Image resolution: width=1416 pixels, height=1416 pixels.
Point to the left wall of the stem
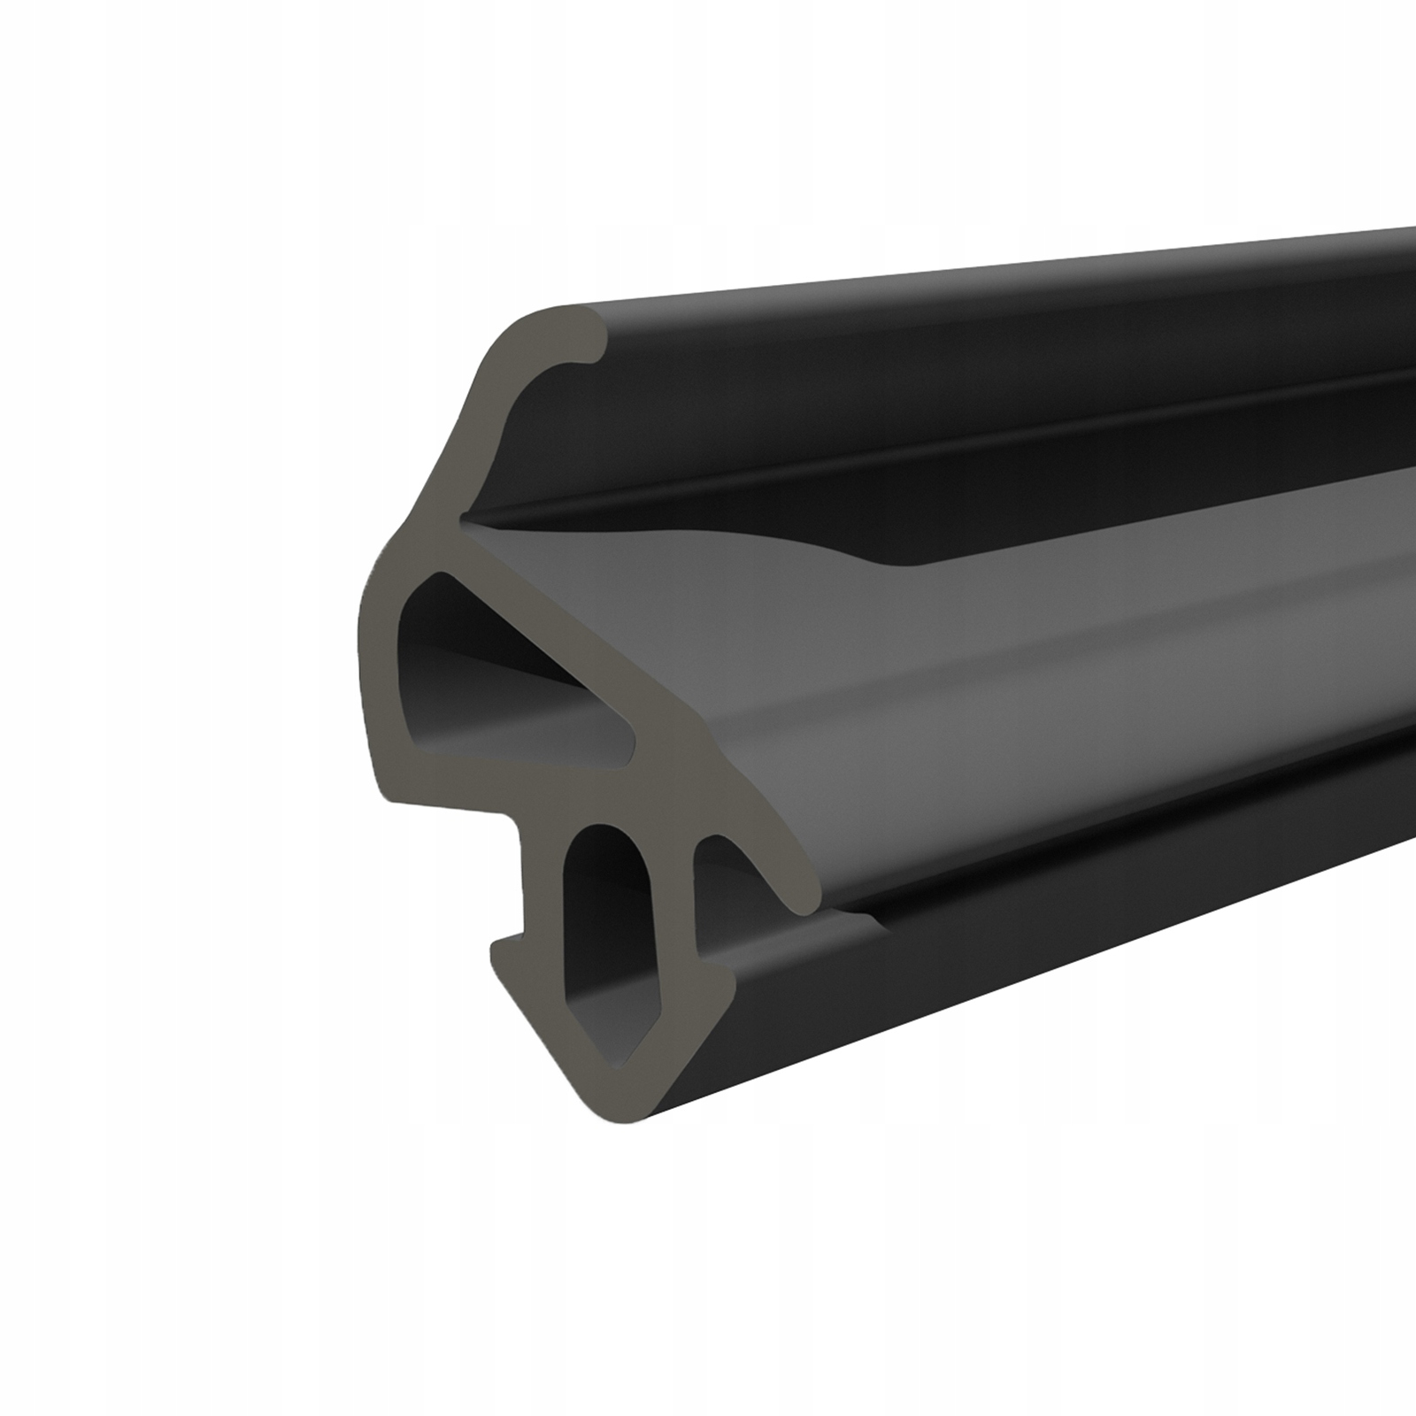(x=542, y=885)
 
